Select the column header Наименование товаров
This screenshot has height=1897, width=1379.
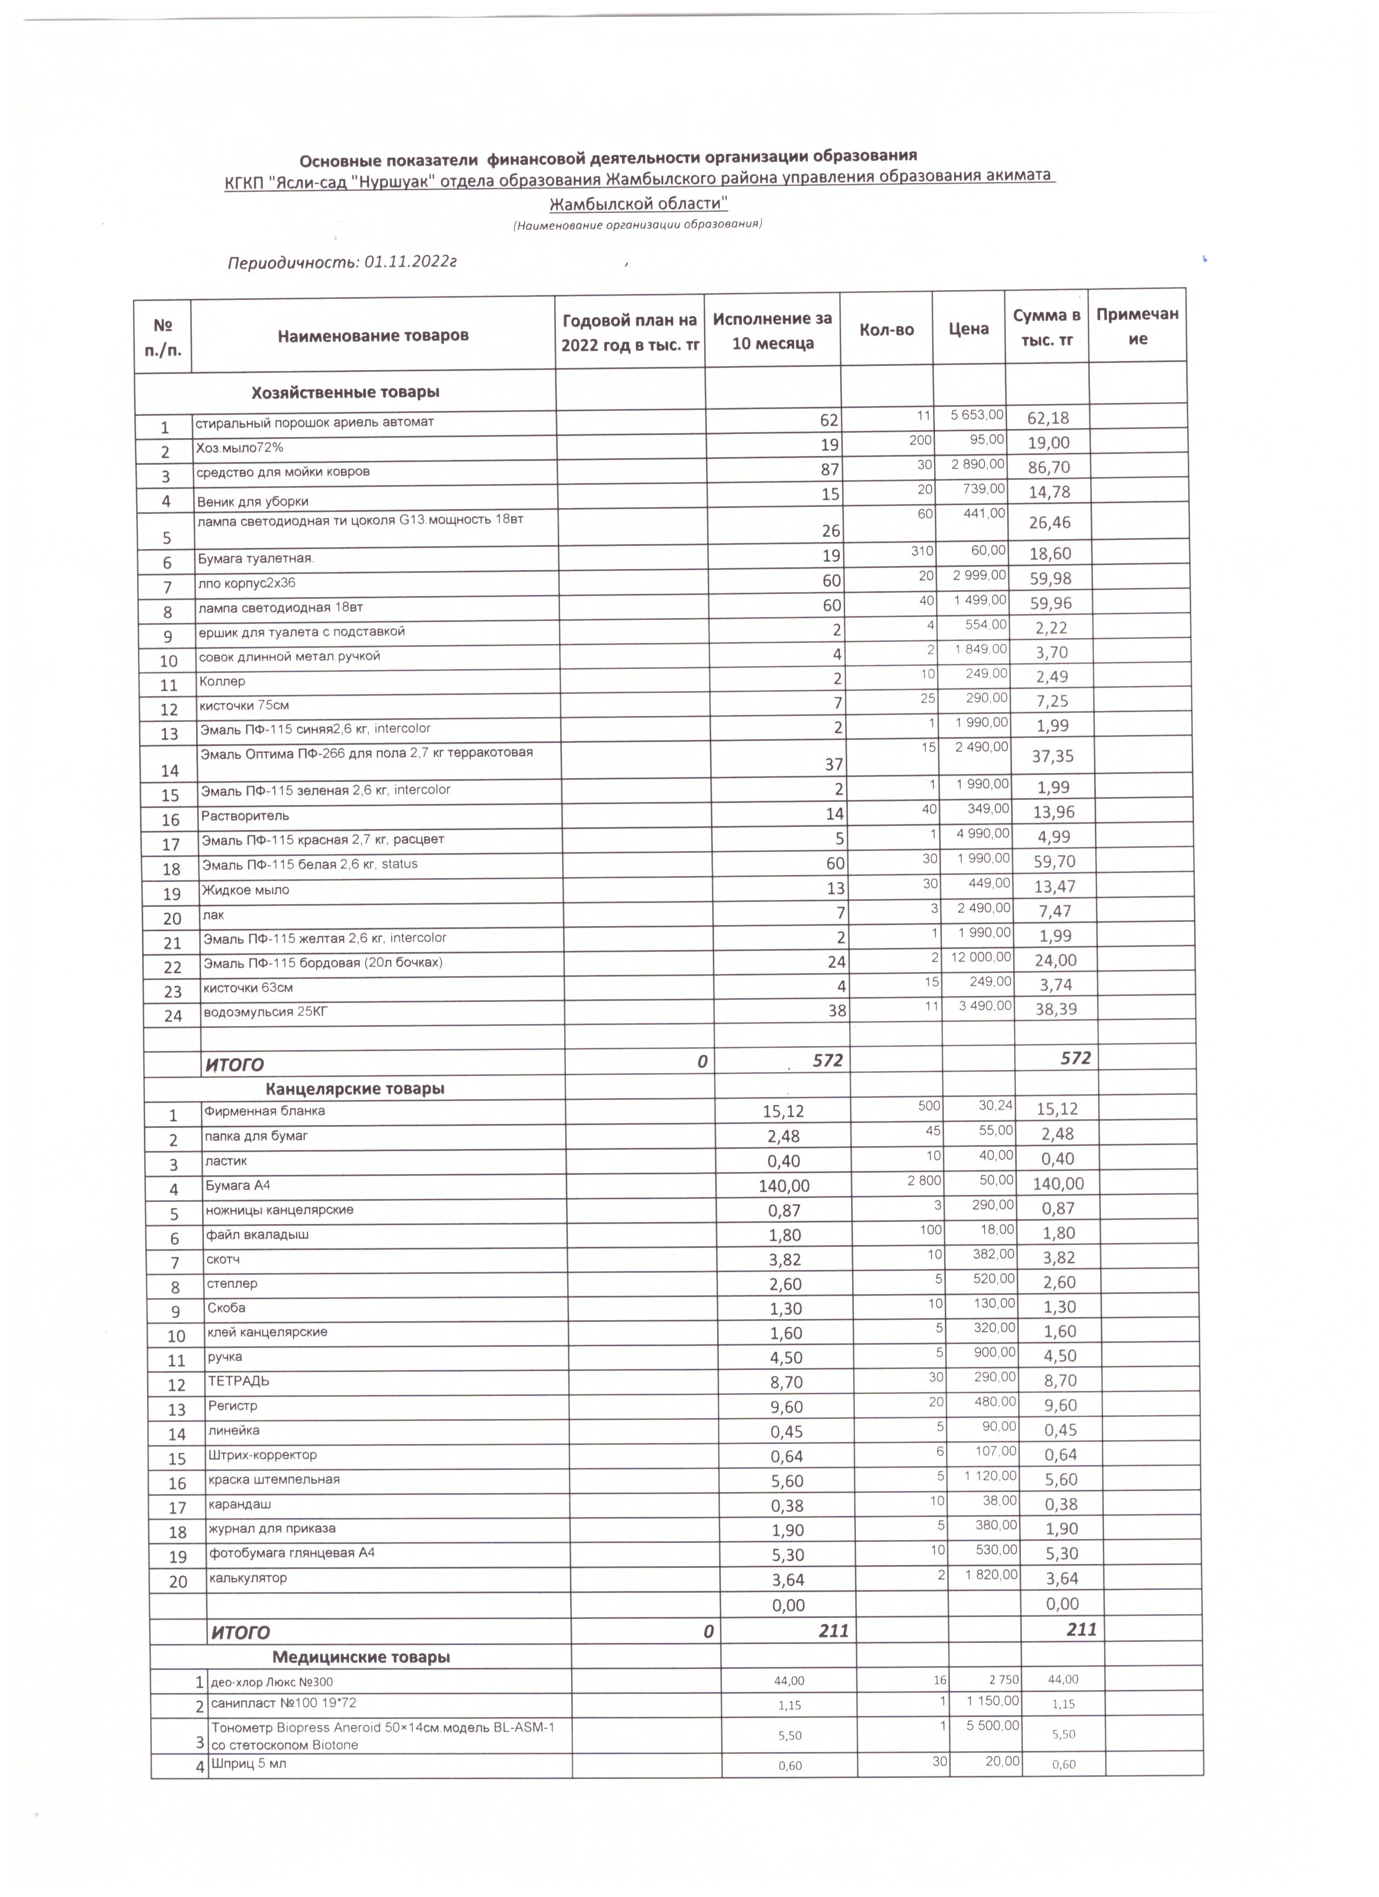pos(372,336)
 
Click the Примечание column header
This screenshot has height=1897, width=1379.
pos(1137,326)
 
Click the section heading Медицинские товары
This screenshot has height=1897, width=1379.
pos(362,1656)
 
